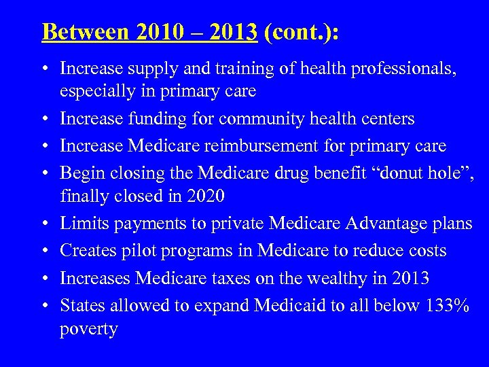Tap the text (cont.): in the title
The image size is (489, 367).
click(301, 31)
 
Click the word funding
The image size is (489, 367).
click(163, 119)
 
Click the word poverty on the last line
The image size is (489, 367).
click(89, 329)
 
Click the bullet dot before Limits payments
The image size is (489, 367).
click(45, 224)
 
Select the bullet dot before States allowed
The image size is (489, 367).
click(45, 305)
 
